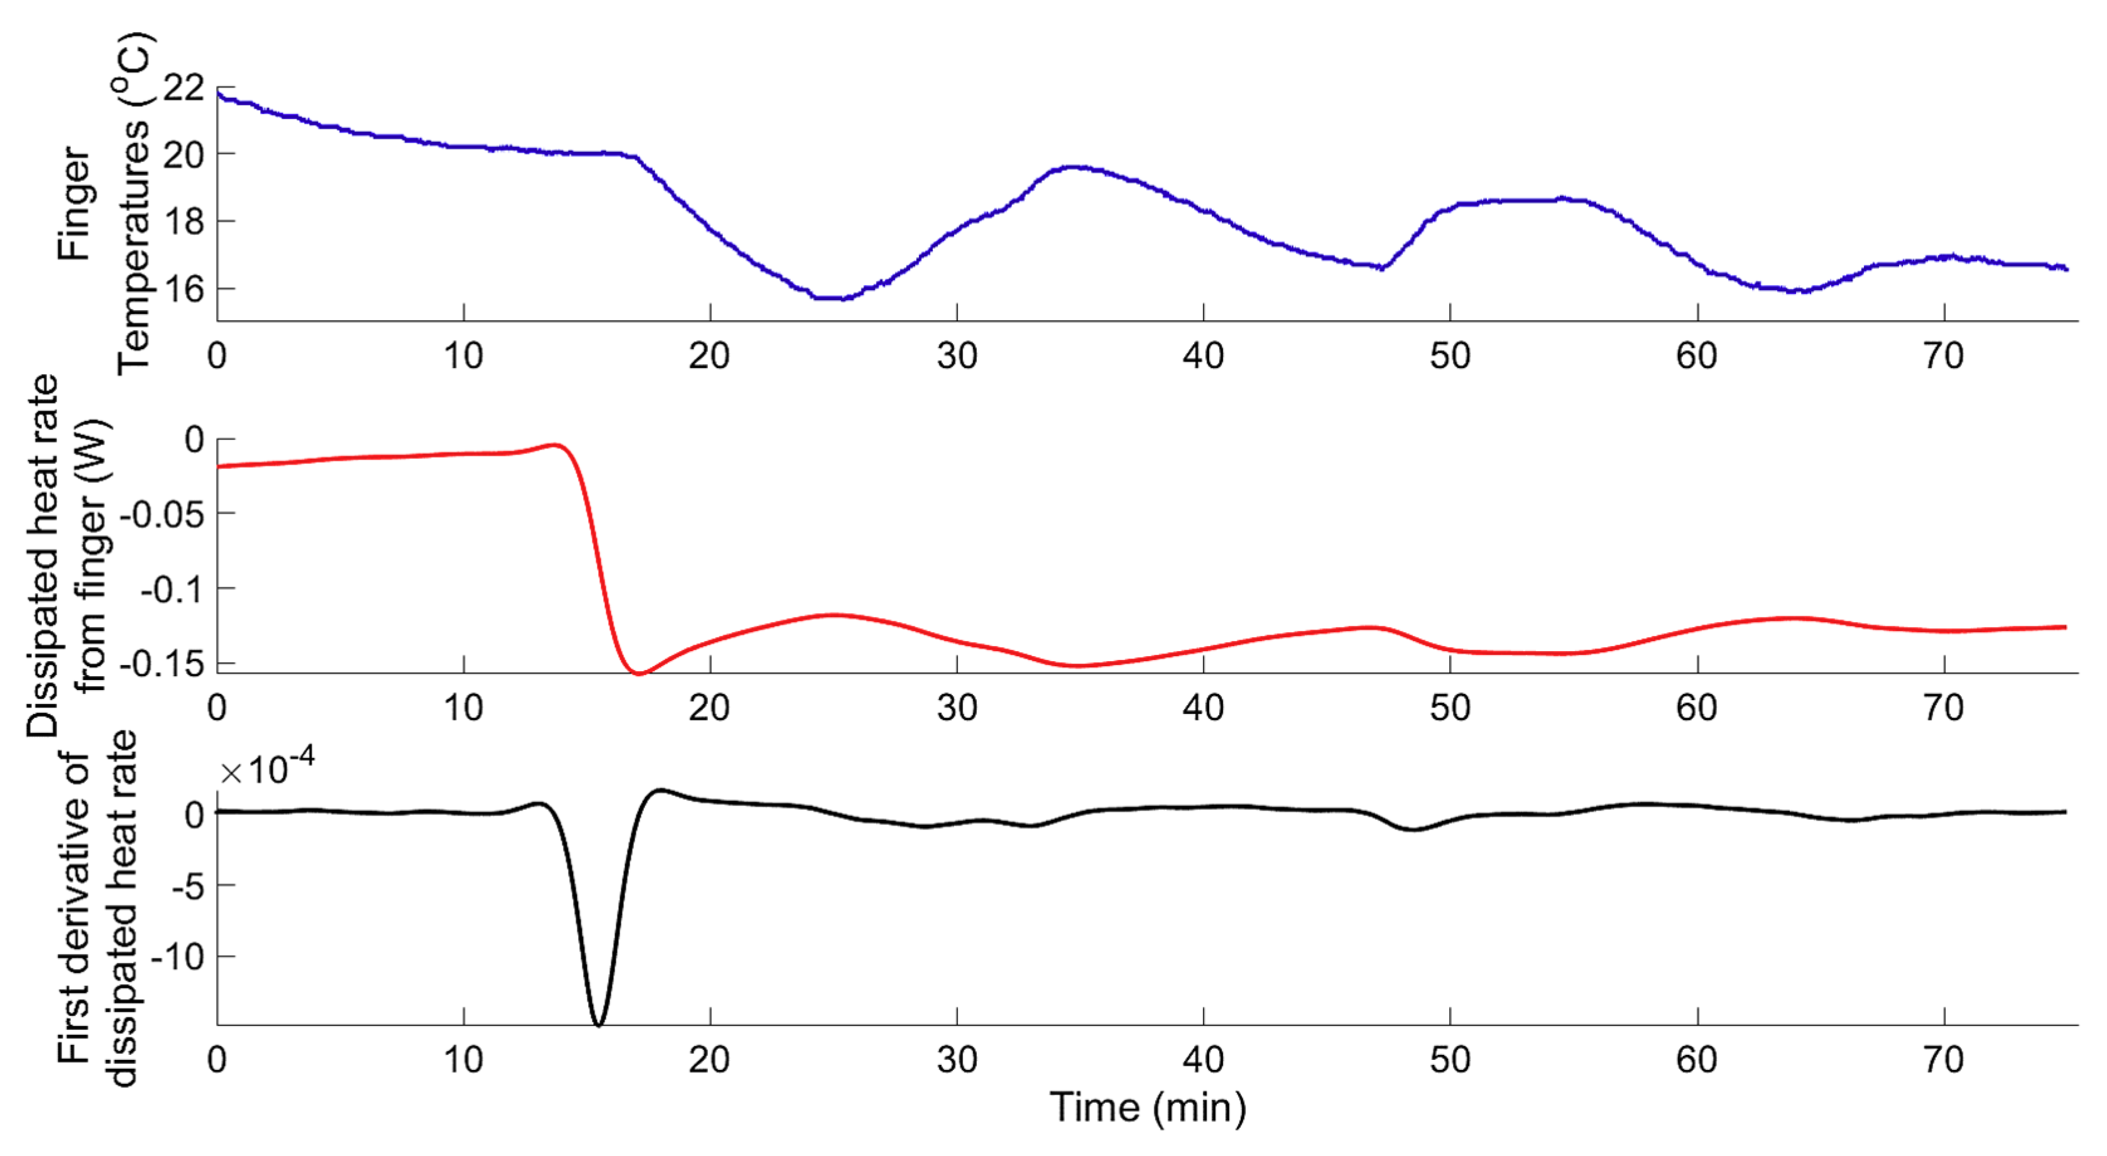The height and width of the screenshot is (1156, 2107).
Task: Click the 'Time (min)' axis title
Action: coord(1148,1108)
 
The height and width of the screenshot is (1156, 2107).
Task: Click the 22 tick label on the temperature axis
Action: coord(183,87)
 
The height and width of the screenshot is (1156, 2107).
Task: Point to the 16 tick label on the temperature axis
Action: coord(183,289)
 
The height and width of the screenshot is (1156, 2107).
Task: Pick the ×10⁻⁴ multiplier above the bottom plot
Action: coord(268,769)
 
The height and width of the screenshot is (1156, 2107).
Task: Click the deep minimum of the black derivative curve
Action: coord(599,1023)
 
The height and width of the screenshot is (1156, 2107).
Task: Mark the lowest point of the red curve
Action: coord(640,673)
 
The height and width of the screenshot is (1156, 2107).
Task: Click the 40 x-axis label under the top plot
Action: coord(1203,357)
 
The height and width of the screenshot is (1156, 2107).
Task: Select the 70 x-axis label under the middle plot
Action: coord(1944,708)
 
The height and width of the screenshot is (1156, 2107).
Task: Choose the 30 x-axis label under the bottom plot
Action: coord(957,1061)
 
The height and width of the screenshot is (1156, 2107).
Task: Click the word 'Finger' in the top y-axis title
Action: coord(75,204)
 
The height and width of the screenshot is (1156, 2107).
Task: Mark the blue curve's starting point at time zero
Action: coord(219,93)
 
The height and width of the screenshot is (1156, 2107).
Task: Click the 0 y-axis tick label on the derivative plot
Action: coord(195,814)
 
